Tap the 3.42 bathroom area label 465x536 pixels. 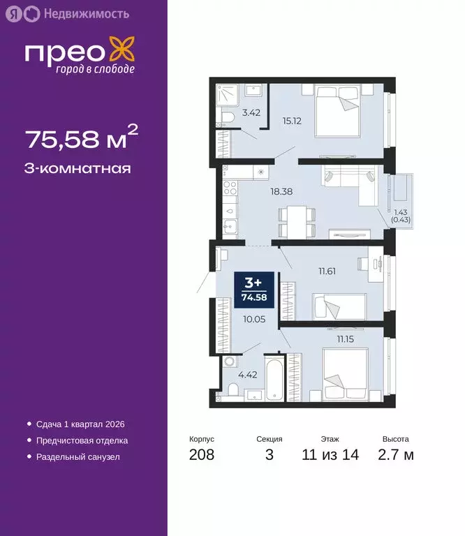251,112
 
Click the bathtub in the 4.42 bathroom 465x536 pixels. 272,382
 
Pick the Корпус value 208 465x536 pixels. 202,456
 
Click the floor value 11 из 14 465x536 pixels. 330,456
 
